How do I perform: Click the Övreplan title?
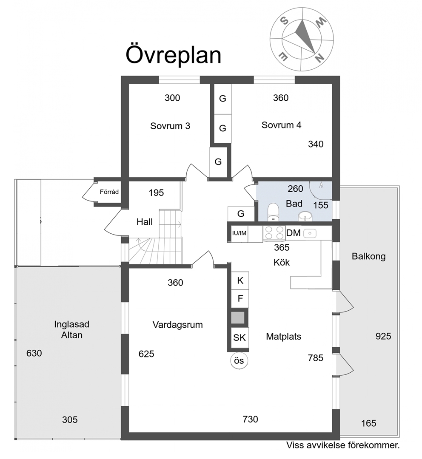tap(173, 55)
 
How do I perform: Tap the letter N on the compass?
tap(320, 58)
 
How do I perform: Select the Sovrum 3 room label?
tap(170, 126)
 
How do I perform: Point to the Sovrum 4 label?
tap(281, 125)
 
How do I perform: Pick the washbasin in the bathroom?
tap(305, 217)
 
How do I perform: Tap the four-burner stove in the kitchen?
tap(274, 233)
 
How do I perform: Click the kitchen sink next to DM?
tap(310, 233)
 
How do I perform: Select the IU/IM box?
tap(239, 233)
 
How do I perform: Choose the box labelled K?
tap(240, 281)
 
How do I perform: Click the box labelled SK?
tap(240, 337)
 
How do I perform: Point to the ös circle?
tap(239, 360)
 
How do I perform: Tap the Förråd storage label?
tap(109, 192)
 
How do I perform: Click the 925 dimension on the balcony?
tap(383, 336)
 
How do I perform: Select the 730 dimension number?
tap(250, 419)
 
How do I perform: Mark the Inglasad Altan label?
tap(72, 330)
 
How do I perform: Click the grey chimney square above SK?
tap(238, 317)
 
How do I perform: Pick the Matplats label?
tap(284, 337)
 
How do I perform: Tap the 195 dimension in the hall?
tap(156, 193)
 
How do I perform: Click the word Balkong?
tap(369, 257)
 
